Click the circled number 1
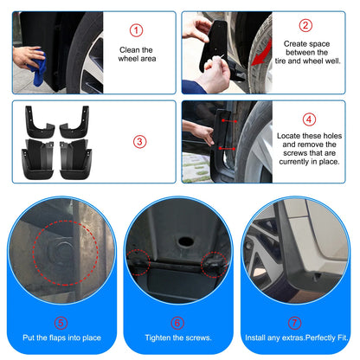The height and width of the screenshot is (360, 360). click(136, 30)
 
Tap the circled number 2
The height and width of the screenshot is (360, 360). click(305, 25)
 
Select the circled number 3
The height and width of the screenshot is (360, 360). click(139, 142)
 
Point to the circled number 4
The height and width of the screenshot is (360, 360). click(309, 119)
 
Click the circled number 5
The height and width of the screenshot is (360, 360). click(61, 323)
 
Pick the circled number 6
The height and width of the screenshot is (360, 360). click(177, 323)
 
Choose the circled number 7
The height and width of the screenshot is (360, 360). click(294, 323)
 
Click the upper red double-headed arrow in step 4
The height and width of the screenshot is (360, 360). click(229, 121)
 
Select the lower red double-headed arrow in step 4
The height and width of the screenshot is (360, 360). click(227, 149)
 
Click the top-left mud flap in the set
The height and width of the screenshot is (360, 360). click(39, 122)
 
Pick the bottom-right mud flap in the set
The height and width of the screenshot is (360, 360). click(75, 159)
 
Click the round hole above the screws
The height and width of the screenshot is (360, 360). click(185, 241)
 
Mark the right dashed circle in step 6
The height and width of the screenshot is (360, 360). click(214, 264)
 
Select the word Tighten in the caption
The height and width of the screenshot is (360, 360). click(158, 337)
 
